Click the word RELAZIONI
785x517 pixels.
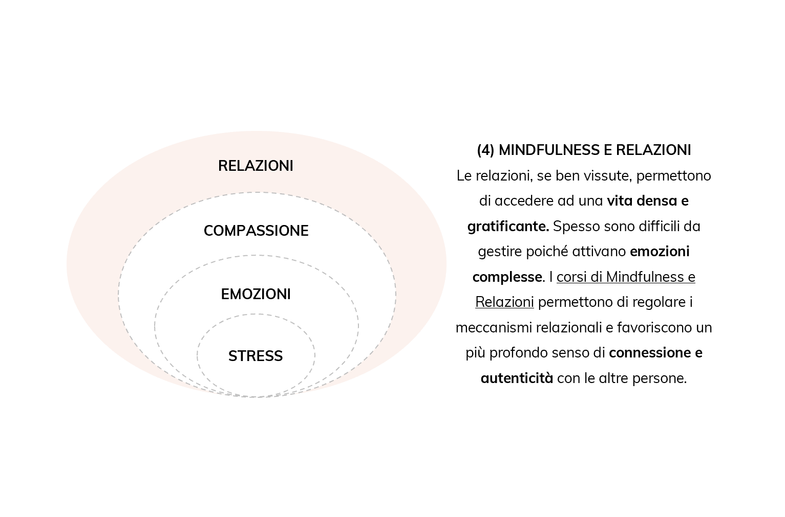pyautogui.click(x=256, y=166)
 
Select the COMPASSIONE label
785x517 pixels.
pyautogui.click(x=256, y=231)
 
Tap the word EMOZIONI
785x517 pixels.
pyautogui.click(x=256, y=295)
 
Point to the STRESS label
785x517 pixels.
pyautogui.click(x=256, y=356)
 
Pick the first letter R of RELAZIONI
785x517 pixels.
pyautogui.click(x=223, y=166)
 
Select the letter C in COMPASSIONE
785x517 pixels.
pyautogui.click(x=208, y=231)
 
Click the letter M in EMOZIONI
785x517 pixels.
pyautogui.click(x=236, y=295)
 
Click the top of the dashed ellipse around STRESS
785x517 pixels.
pyautogui.click(x=256, y=314)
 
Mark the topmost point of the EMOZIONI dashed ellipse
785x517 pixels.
pyautogui.click(x=256, y=255)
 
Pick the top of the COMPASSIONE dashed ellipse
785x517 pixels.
pyautogui.click(x=256, y=192)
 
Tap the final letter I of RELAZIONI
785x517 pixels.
pyautogui.click(x=291, y=166)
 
